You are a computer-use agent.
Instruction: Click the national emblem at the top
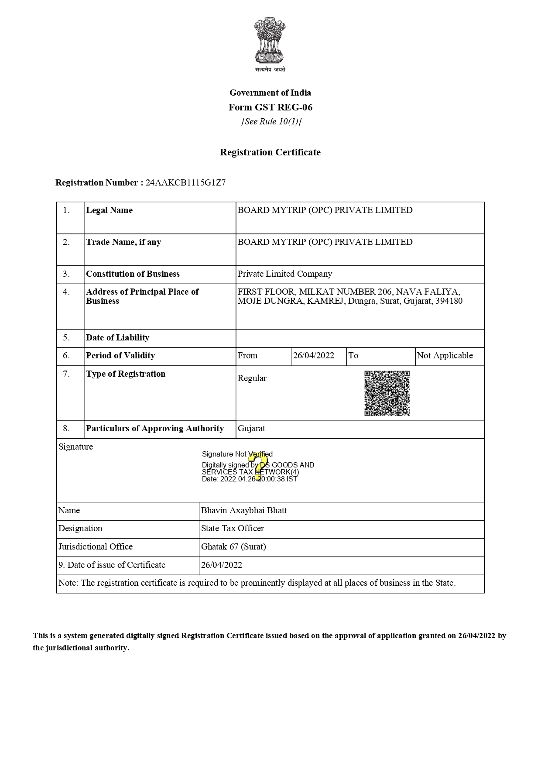tap(270, 41)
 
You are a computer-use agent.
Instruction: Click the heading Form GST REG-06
tap(270, 107)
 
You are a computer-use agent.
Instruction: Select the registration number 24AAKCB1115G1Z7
tap(185, 183)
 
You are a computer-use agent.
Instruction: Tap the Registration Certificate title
tap(270, 152)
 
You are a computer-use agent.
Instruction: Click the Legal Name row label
tap(109, 210)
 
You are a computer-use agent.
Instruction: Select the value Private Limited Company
tap(284, 274)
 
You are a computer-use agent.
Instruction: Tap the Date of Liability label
tap(117, 338)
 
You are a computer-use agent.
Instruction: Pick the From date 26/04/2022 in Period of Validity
tap(313, 356)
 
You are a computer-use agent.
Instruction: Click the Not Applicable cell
tap(445, 356)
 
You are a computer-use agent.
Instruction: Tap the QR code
tap(387, 393)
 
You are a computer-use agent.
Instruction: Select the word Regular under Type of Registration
tap(252, 378)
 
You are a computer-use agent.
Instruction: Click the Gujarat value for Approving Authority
tap(251, 429)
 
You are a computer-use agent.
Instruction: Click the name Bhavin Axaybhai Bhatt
tap(244, 511)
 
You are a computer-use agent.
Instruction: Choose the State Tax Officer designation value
tap(232, 529)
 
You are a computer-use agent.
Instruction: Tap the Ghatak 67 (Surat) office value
tap(233, 547)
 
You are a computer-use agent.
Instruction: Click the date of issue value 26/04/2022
tap(221, 565)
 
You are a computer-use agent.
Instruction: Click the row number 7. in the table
tap(66, 374)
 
